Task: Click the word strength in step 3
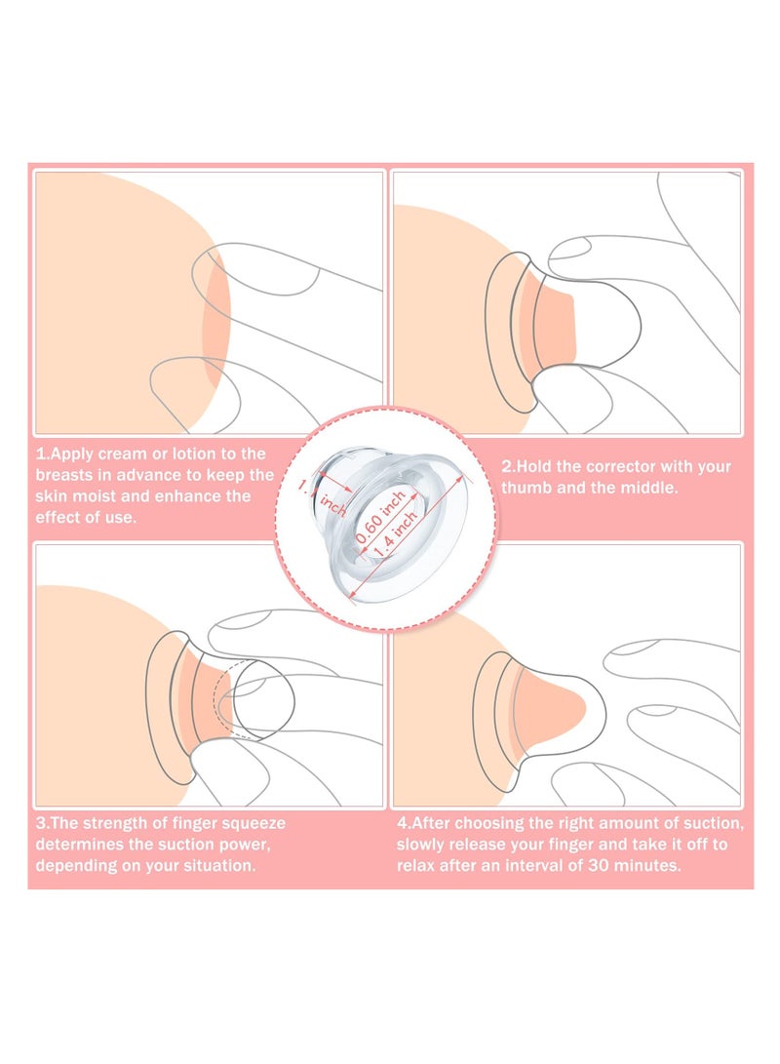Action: coord(120,823)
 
